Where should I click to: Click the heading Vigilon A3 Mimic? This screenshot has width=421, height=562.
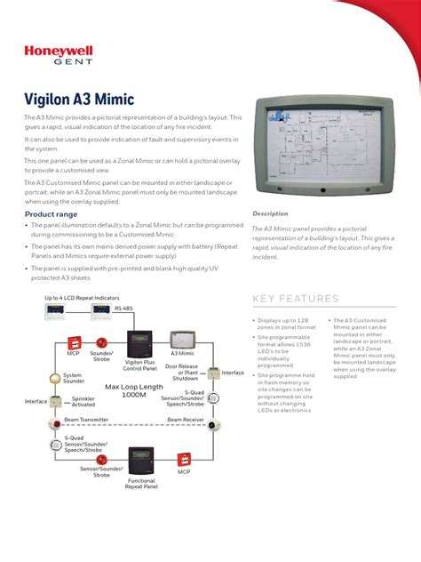(87, 100)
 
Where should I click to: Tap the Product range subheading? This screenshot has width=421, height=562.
(51, 214)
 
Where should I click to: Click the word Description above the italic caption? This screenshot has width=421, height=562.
(270, 214)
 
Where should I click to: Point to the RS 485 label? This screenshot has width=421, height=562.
(125, 307)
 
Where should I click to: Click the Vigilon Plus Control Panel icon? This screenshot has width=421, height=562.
(139, 342)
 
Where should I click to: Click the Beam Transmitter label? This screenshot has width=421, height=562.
(86, 418)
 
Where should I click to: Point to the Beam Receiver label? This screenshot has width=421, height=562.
(185, 418)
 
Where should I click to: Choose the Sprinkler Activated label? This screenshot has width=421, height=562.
(83, 401)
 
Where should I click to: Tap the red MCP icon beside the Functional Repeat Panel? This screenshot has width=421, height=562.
(184, 459)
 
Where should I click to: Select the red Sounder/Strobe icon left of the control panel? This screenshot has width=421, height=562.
(102, 341)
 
